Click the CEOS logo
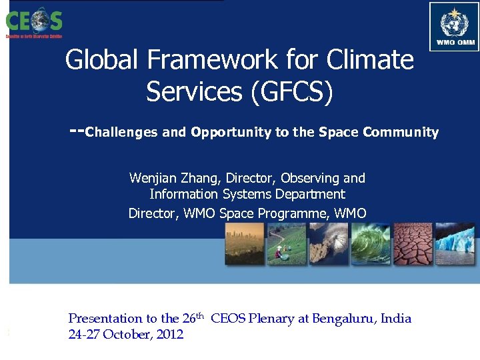[33, 21]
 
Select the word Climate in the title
[370, 61]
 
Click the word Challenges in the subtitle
[123, 132]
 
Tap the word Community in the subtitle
[401, 132]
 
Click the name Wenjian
[151, 178]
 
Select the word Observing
[310, 178]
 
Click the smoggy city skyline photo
[245, 244]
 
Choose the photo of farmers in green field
[286, 244]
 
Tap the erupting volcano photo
[329, 244]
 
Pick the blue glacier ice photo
[454, 244]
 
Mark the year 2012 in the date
[169, 335]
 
